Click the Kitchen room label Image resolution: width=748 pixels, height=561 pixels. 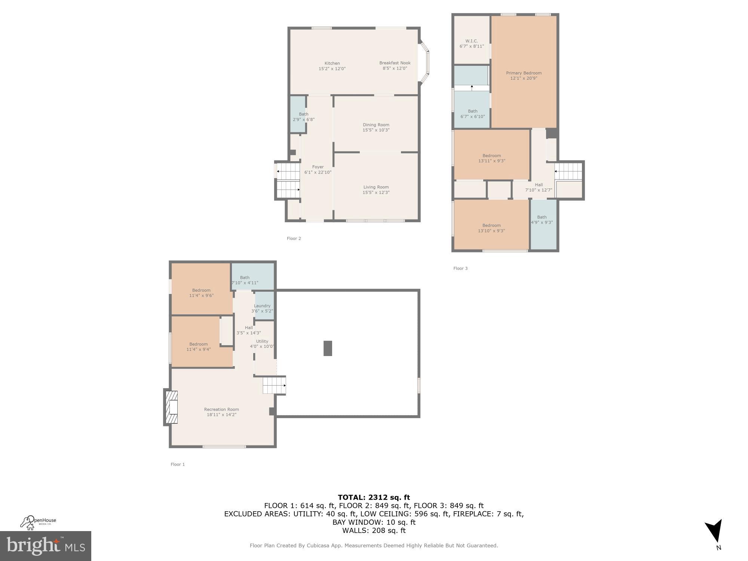[332, 63]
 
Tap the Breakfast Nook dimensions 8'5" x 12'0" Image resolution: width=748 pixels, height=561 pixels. [395, 68]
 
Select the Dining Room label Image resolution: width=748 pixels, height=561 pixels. [376, 125]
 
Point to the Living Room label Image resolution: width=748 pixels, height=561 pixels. [376, 187]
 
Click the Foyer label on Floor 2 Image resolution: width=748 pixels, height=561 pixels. [318, 167]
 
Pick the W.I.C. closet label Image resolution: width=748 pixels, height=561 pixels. [472, 41]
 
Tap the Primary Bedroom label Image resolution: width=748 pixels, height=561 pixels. [524, 73]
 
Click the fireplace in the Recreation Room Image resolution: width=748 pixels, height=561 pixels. [172, 407]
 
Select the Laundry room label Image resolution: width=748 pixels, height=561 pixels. [262, 306]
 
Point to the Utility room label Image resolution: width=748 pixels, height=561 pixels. [262, 341]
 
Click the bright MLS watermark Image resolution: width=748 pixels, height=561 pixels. [45, 546]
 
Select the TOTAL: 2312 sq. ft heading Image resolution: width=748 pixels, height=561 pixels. [374, 497]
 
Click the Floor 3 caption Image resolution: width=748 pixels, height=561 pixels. [460, 268]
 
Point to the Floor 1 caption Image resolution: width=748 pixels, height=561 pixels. [178, 464]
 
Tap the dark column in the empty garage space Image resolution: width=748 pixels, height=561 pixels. [328, 348]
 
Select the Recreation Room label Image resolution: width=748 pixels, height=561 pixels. [221, 409]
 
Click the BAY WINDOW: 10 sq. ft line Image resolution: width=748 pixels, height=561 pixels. [374, 522]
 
